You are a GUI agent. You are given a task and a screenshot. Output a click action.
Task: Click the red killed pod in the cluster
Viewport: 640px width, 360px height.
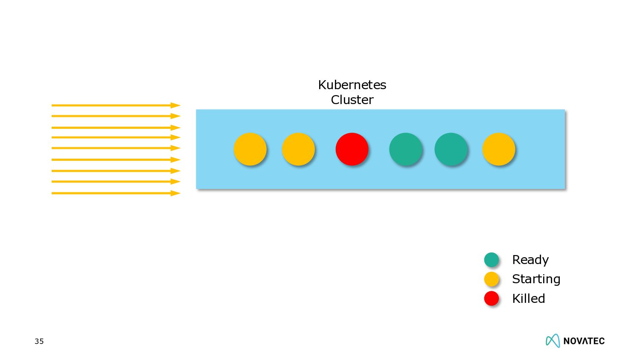coord(352,149)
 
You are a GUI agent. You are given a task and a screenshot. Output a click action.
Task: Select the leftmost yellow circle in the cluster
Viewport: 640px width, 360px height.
coord(250,149)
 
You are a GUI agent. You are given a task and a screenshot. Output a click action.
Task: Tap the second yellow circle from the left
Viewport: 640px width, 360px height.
coord(298,149)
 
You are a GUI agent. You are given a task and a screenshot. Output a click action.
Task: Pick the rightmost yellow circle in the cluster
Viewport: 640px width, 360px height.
coord(499,149)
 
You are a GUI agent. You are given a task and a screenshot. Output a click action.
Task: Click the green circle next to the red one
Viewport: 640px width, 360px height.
coord(406,149)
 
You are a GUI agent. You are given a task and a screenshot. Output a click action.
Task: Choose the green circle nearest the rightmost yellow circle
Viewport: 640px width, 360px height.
coord(451,149)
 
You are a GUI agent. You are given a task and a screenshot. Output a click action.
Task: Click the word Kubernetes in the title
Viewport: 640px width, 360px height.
coord(352,85)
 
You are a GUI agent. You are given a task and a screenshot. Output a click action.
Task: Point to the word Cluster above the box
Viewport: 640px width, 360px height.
coord(352,100)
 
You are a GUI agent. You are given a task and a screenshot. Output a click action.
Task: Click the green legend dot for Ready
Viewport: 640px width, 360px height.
coord(492,259)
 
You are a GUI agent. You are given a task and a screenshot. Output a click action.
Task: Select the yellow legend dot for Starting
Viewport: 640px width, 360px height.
coord(492,279)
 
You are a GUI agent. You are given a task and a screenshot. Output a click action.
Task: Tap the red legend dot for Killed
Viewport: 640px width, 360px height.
coord(492,298)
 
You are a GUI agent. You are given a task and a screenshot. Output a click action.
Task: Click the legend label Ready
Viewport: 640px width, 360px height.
coord(530,260)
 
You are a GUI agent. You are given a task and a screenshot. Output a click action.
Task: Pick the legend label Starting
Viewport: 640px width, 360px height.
coord(536,279)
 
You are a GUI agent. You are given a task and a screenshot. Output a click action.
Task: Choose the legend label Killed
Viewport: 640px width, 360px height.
coord(528,299)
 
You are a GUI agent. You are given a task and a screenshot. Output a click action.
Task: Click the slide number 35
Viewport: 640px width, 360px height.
coord(39,341)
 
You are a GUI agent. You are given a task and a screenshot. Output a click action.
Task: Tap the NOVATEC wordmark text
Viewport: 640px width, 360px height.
coord(584,341)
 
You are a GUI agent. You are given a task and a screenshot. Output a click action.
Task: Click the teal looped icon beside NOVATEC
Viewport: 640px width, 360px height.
coord(553,340)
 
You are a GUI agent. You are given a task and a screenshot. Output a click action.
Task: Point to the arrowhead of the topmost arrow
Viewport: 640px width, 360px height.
coord(175,105)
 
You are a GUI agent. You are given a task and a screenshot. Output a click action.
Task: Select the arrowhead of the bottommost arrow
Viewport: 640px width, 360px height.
coord(175,193)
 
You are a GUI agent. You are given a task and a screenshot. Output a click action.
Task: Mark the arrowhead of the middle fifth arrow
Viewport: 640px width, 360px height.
coord(175,148)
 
